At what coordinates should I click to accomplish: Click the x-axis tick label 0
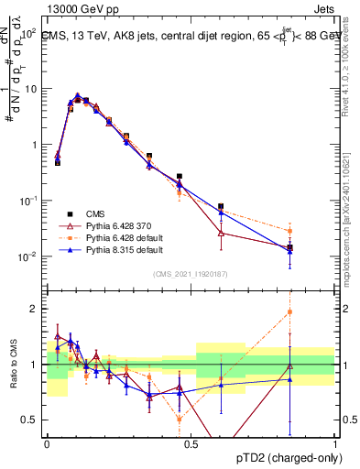pos(46,443)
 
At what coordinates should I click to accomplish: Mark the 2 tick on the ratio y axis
pos(34,309)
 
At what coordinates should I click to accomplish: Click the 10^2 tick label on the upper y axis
pos(28,33)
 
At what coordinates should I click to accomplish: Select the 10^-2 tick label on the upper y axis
pos(28,256)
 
